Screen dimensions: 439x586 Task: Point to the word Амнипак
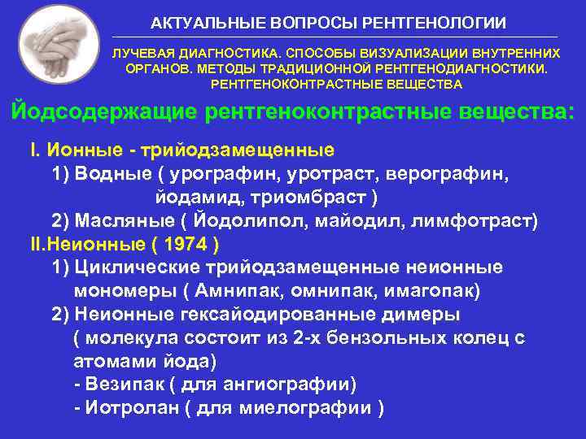point(233,290)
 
